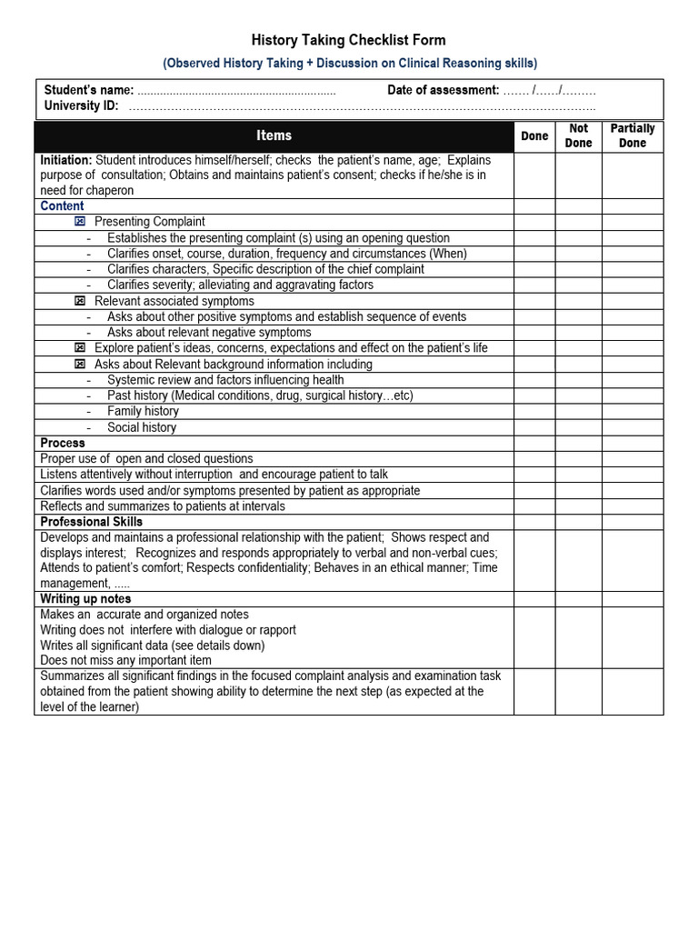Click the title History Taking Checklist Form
coord(348,40)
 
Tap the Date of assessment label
coord(443,90)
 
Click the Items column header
coord(274,135)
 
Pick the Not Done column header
coord(578,135)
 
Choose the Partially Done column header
coord(632,135)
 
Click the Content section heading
coord(62,206)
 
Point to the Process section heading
coord(63,443)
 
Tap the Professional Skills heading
coord(91,522)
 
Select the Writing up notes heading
coord(85,599)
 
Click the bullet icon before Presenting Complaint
coord(80,222)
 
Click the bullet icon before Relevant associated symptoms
coord(80,301)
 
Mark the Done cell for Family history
coord(534,411)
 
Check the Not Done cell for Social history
coord(578,427)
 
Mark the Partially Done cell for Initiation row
coord(632,175)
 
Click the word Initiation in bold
coord(65,160)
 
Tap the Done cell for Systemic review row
coord(534,380)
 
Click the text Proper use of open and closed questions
coord(146,459)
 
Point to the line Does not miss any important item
coord(125,661)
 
